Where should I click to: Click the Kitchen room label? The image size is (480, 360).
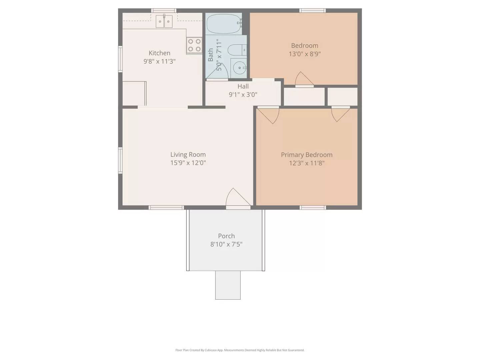pos(159,53)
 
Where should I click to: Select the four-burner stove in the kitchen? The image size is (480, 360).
pos(194,45)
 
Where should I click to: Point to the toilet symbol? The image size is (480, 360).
pos(237,50)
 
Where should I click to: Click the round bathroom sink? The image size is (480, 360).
pos(239,68)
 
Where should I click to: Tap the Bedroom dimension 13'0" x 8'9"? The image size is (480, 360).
pos(305,54)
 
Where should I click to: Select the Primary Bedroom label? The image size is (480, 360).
pos(306,155)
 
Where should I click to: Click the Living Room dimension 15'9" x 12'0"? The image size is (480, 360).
pos(188,163)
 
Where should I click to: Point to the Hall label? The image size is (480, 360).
pos(243,86)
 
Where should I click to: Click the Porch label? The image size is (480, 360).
pos(226,236)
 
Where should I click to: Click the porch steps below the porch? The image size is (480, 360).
pos(228,285)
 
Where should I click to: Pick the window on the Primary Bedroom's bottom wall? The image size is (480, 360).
pos(313,208)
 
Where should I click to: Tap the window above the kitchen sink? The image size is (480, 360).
pos(164,11)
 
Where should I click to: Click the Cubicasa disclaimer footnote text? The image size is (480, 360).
pos(240,350)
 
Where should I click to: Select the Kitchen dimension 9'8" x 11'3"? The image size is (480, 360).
pos(159,61)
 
